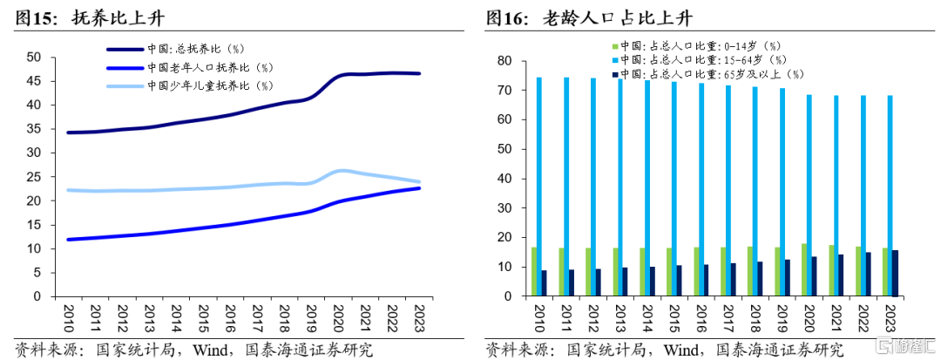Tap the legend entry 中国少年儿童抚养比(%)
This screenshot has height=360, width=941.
pyautogui.click(x=209, y=85)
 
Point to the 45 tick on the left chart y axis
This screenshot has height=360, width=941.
pyautogui.click(x=34, y=81)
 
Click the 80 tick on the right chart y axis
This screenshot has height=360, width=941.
pyautogui.click(x=504, y=60)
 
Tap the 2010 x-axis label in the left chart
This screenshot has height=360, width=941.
pyautogui.click(x=67, y=315)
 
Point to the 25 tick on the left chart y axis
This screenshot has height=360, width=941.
pyautogui.click(x=34, y=177)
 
